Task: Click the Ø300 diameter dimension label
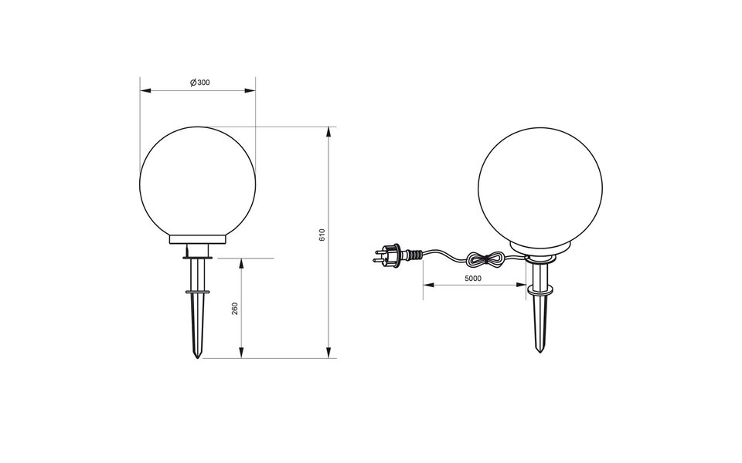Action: tap(199, 83)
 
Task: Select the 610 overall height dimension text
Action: tap(322, 235)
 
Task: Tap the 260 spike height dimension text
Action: tap(235, 308)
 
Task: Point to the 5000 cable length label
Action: tap(474, 278)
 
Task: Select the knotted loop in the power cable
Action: tap(488, 259)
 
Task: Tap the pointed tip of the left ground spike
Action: tap(198, 357)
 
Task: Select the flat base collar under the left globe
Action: tap(198, 239)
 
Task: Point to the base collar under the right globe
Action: tap(539, 248)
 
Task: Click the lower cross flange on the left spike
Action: tap(198, 292)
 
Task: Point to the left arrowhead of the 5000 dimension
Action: tap(427, 286)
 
